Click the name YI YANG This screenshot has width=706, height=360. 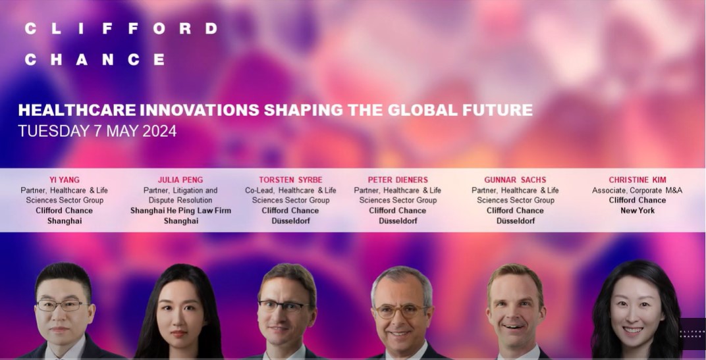64,180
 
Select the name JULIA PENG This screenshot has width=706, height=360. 180,180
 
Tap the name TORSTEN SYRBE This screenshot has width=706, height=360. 290,180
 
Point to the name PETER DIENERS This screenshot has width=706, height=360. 398,180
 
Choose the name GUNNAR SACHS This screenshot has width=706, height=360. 515,180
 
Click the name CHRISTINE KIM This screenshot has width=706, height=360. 637,180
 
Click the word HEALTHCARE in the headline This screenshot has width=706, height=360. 77,110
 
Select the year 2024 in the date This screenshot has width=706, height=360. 158,131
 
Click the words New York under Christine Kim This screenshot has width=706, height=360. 637,211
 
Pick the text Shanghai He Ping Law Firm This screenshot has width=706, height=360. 180,211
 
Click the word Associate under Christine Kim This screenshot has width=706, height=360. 609,190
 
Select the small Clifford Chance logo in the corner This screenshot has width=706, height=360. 692,334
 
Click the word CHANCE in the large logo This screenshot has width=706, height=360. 94,59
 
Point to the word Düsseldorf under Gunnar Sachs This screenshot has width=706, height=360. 515,221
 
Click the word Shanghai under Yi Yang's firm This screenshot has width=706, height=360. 64,221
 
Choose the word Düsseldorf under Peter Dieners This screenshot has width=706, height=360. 398,221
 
